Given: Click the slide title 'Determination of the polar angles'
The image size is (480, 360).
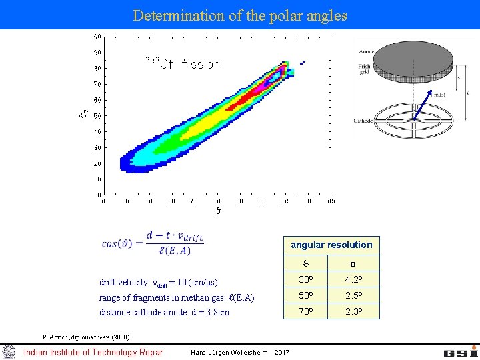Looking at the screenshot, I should tap(240, 15).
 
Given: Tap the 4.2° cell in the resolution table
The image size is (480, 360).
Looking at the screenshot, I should tap(353, 279).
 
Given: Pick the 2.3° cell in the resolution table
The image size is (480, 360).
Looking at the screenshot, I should tap(353, 311).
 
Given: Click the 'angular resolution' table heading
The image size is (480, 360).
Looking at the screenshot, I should tap(331, 245).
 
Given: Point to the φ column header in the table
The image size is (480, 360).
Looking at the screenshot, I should tap(353, 263).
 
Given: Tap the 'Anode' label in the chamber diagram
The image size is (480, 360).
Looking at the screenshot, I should tap(367, 52).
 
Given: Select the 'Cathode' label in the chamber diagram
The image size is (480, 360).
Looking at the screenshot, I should tap(364, 121).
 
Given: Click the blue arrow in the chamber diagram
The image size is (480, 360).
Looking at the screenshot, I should tap(420, 111).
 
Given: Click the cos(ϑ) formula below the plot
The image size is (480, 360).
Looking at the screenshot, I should tap(153, 243).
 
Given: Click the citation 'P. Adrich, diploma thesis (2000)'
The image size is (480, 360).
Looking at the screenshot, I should tap(86, 337).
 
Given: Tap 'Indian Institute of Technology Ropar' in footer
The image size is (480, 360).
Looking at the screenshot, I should tap(93, 352).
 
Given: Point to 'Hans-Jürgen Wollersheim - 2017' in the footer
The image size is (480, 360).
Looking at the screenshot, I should tap(240, 352).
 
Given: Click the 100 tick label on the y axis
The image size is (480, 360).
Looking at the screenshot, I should tap(96, 36).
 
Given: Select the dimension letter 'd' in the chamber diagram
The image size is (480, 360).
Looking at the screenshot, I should tap(468, 92).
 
